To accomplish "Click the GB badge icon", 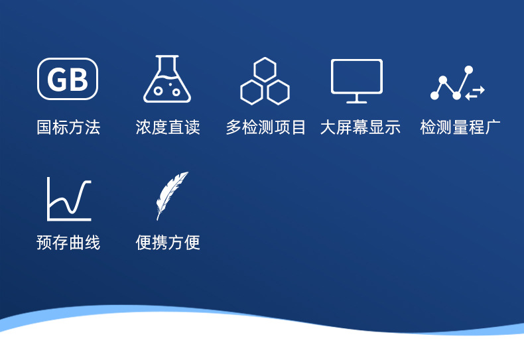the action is (68, 79).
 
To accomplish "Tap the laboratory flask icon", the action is (167, 79).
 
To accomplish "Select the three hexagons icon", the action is (265, 81).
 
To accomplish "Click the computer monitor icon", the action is (357, 81).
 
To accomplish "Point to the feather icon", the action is (172, 196).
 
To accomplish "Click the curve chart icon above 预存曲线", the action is (69, 199).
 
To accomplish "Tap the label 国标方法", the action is (68, 127).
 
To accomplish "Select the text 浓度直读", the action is (168, 127).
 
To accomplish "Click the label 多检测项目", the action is (266, 127).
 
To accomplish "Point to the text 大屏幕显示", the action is (360, 127).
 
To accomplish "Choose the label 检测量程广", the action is (460, 127).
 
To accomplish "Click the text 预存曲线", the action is (68, 243).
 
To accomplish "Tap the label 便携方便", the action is (168, 243).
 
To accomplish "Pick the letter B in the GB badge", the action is (78, 80).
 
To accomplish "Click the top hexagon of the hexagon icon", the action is (265, 70).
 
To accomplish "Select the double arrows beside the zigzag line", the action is (475, 93).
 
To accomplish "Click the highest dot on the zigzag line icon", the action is (468, 70).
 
